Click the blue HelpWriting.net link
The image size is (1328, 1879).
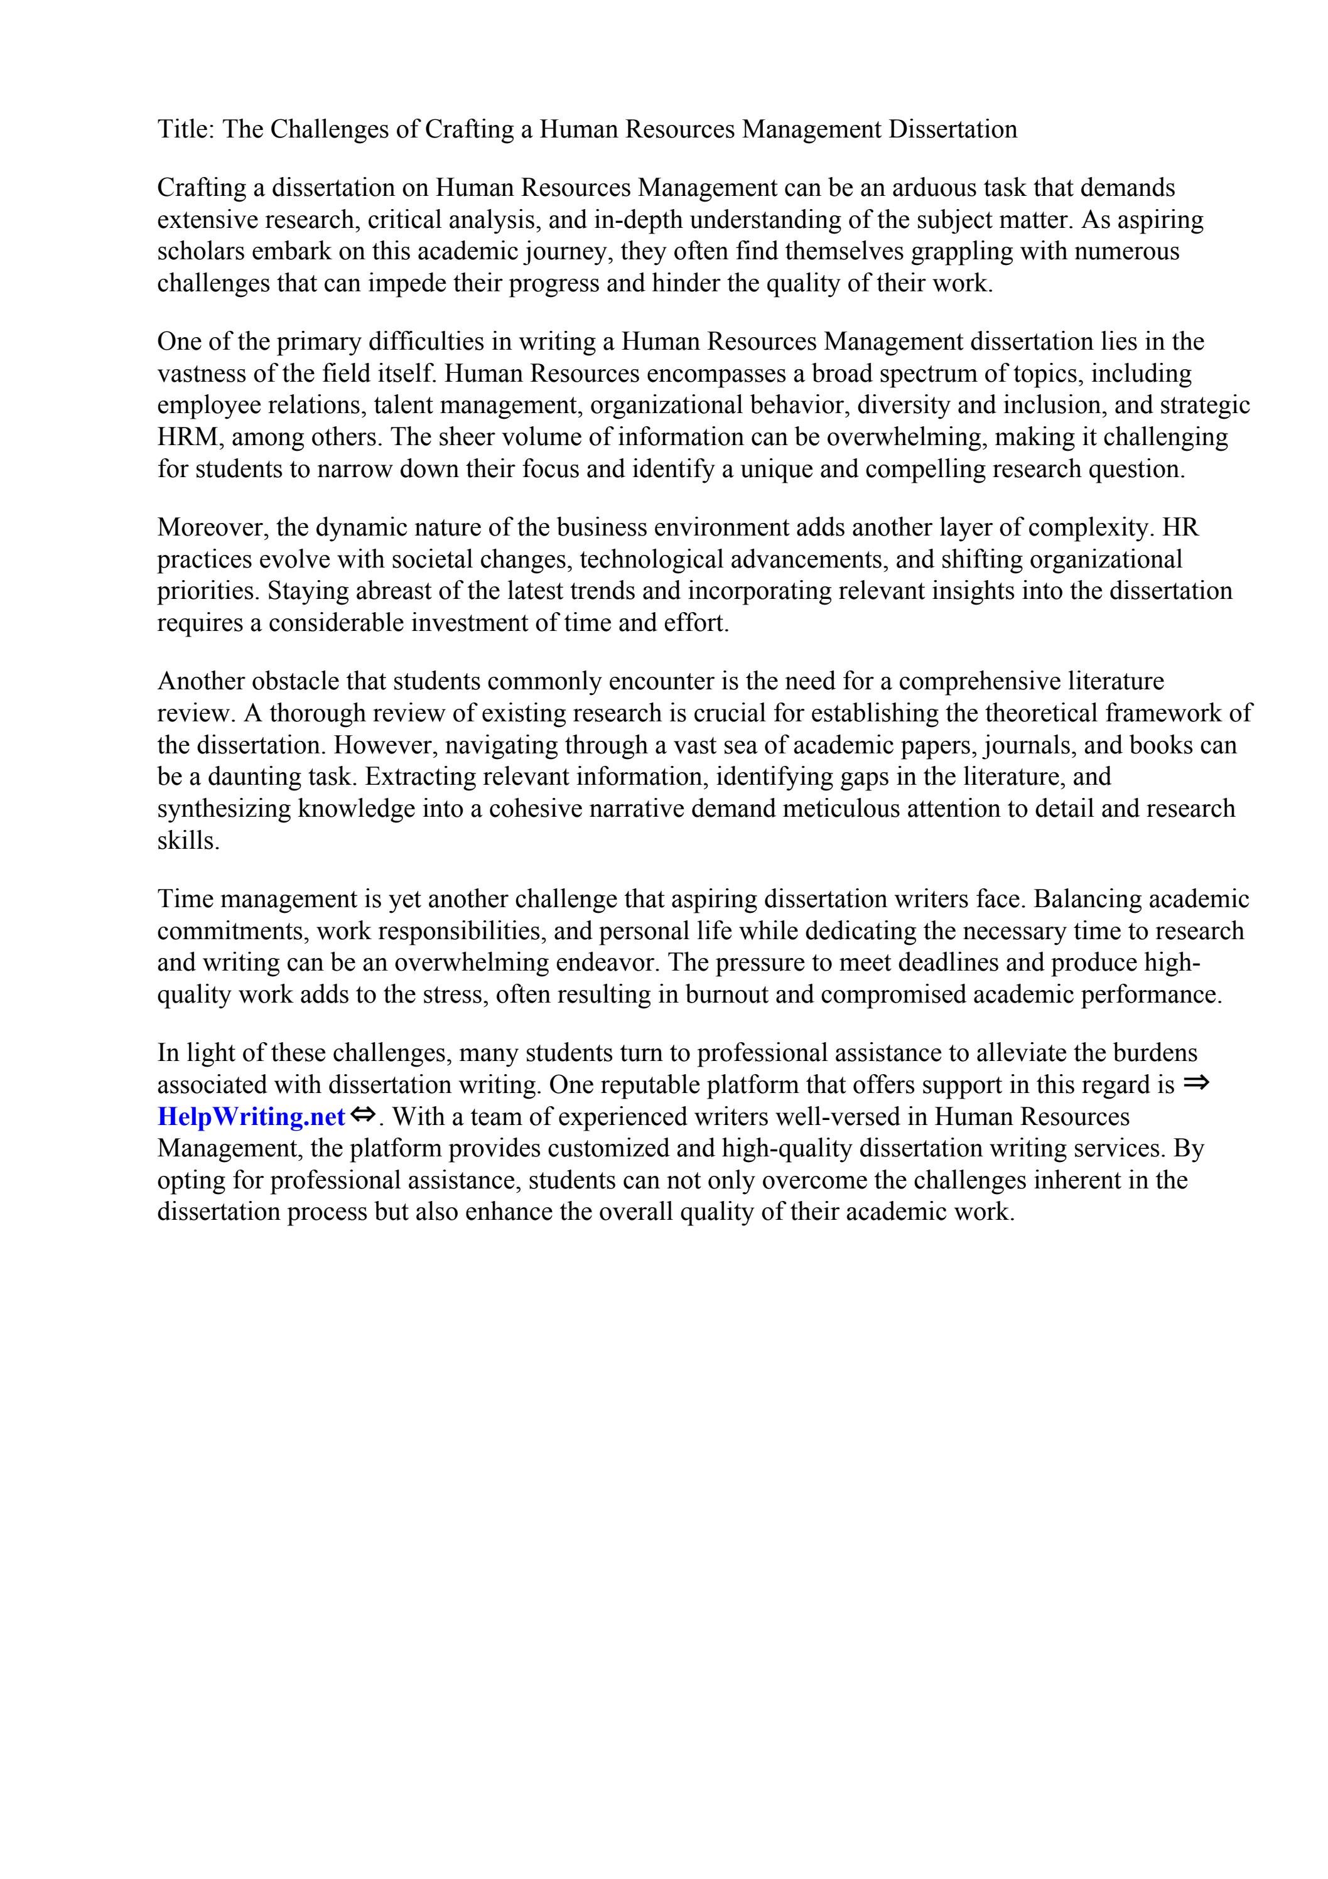tap(251, 1116)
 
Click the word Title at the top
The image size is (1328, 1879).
tap(184, 129)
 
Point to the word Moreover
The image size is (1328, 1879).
tap(213, 527)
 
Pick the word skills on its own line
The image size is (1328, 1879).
tap(188, 841)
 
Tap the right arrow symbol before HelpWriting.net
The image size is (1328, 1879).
tap(1196, 1083)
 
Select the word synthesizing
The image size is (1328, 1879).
tap(224, 809)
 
